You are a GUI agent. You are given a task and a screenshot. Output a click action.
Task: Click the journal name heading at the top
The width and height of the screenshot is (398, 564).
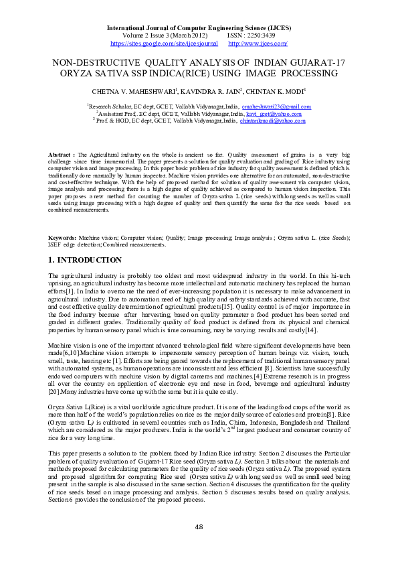click(199, 28)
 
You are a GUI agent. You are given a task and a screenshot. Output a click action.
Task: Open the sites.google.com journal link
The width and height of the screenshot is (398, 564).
click(164, 43)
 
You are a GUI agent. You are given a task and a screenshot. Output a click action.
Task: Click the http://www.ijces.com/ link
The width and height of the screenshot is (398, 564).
click(258, 43)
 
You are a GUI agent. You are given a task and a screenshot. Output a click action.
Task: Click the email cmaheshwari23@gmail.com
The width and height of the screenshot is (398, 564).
click(276, 107)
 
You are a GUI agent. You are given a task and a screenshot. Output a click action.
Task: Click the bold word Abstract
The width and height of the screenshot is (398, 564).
click(60, 155)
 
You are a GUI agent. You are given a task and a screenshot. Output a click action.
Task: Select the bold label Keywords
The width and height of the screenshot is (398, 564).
click(62, 238)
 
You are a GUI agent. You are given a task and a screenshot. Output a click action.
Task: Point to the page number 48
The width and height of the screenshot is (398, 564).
click(199, 526)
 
